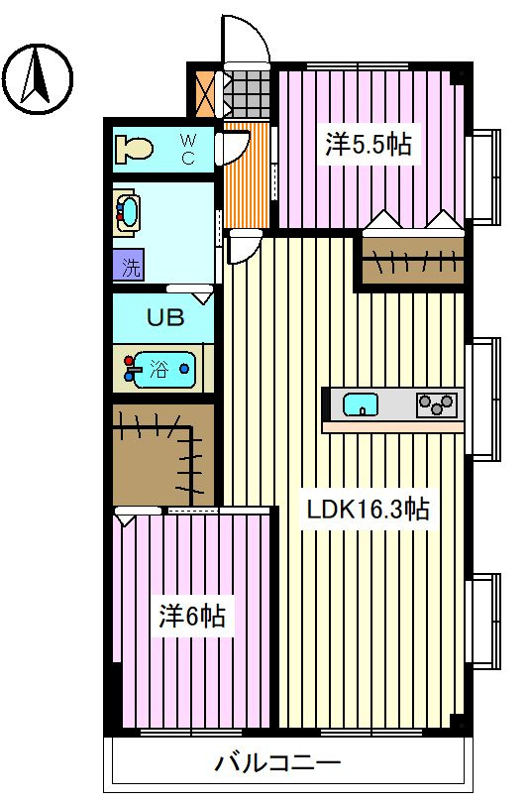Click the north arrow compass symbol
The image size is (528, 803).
pos(39,79)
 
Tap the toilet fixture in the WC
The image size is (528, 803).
pos(134,149)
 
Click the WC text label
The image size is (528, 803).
pos(188,149)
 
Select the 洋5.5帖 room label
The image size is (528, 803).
pos(369,145)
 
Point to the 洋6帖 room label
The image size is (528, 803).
pos(192,616)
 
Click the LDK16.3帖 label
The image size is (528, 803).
pos(368,509)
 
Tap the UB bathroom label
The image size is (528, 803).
pos(165,317)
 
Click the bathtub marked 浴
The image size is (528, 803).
pos(159,369)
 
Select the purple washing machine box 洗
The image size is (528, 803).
pos(129,266)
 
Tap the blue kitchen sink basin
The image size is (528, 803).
pos(361,404)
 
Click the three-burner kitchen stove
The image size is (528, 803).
pos(437,404)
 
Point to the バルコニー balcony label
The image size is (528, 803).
pos(276,763)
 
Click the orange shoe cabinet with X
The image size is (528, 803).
pos(207,94)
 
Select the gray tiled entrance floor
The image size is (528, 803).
pos(247,94)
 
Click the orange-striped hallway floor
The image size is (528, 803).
pos(247,175)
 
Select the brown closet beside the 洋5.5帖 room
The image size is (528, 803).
pos(413,261)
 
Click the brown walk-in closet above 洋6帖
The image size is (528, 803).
pos(163,455)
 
